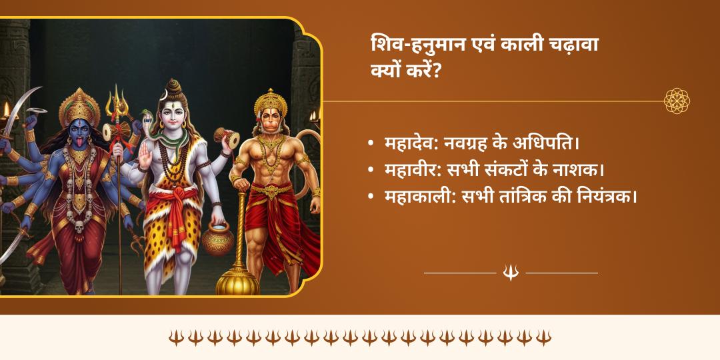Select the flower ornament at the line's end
tap(677, 101)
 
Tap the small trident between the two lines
tap(511, 272)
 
